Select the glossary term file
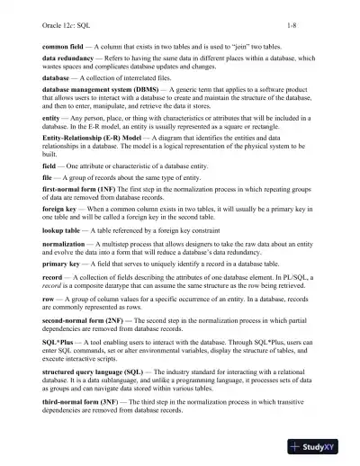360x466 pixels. click(x=49, y=194)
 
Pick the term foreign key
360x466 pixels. click(x=60, y=234)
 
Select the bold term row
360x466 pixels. click(x=49, y=336)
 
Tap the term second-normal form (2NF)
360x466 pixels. click(x=88, y=363)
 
